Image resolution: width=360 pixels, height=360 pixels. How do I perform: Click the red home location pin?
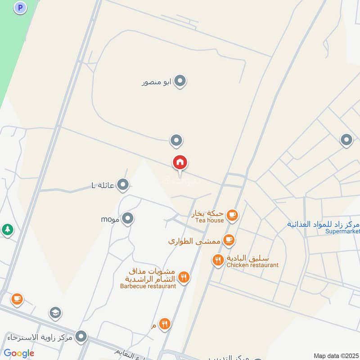tap(180, 162)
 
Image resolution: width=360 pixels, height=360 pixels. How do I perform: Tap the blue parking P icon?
tap(20, 7)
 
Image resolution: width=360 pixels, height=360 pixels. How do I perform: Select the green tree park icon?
tap(7, 229)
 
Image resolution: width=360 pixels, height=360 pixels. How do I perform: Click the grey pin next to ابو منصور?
tap(180, 81)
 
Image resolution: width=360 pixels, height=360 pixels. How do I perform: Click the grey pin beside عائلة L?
tap(122, 184)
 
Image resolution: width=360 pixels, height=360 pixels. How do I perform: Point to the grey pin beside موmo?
tap(128, 219)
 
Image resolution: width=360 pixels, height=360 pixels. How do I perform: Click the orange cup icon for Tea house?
tap(232, 215)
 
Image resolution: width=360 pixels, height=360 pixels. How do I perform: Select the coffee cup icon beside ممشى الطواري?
tap(229, 240)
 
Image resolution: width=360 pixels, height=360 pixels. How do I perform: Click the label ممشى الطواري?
tap(194, 241)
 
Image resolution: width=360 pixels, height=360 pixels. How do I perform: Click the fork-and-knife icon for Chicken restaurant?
tap(218, 260)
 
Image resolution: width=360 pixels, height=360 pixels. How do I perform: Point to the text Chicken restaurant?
tap(252, 265)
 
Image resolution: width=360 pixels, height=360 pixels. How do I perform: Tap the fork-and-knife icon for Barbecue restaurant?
tap(183, 278)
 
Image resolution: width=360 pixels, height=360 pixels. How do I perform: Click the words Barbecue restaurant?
tap(148, 286)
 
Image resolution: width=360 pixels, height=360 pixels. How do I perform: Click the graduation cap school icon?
tap(56, 313)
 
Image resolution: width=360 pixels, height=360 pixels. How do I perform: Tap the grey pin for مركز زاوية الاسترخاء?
tap(81, 336)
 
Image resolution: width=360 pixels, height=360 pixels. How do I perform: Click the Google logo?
tap(19, 353)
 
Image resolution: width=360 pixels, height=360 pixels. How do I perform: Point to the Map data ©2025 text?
tap(336, 355)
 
